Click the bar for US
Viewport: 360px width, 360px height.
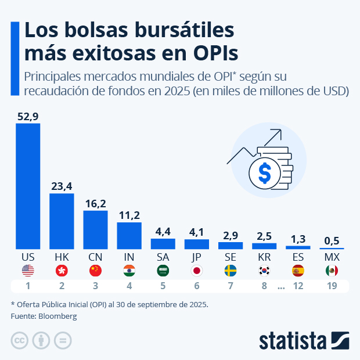28,186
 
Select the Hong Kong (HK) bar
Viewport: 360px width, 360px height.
62,221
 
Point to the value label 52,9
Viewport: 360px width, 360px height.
28,117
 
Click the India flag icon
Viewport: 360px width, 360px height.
129,270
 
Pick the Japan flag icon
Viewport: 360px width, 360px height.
196,270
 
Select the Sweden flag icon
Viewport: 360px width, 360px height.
231,270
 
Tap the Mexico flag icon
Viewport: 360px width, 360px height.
332,270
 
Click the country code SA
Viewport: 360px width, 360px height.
163,256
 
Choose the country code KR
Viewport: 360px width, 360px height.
264,256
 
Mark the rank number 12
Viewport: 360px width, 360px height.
298,286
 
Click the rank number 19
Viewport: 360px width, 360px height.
332,286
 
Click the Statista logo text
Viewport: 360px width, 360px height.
293,340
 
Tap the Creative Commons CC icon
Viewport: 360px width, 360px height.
20,340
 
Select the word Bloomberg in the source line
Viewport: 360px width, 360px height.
57,316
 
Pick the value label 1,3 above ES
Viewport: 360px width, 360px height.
298,238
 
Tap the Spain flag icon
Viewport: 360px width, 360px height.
298,270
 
